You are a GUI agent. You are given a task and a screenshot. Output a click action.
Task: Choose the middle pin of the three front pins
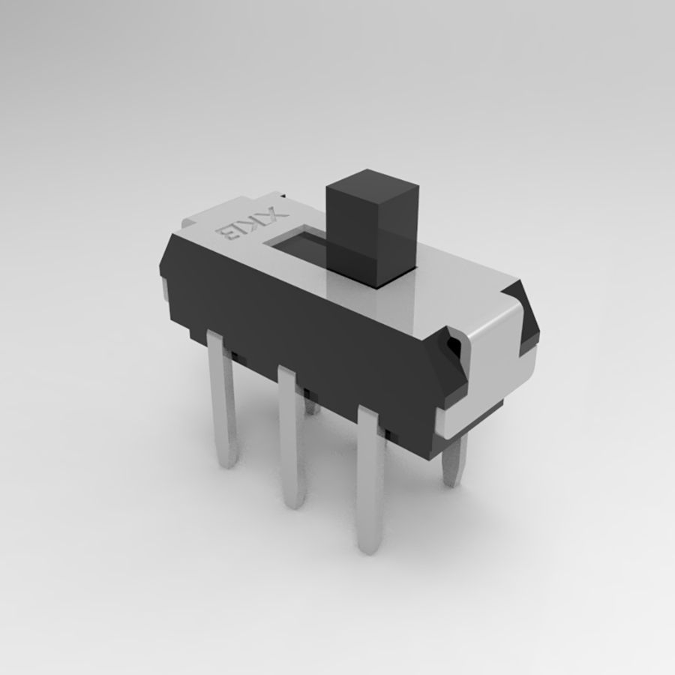point(291,435)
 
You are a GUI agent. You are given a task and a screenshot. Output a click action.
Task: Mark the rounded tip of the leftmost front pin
point(228,459)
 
